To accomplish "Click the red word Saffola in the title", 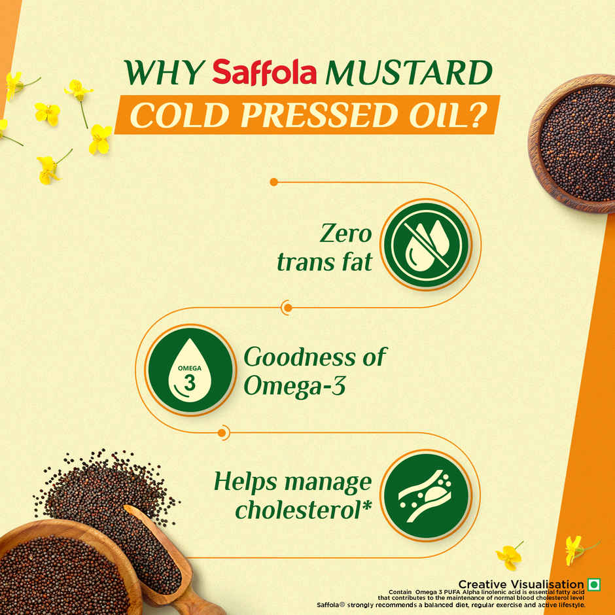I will tap(265, 72).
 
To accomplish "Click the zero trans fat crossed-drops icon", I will tap(427, 243).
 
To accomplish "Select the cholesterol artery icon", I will tap(426, 495).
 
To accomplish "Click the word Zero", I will tap(346, 234).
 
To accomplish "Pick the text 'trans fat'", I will tap(325, 262).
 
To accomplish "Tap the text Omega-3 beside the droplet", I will tap(294, 386).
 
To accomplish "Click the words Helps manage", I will tap(292, 483).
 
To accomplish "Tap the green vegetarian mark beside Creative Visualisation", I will tap(594, 584).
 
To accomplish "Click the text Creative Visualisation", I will tap(521, 584).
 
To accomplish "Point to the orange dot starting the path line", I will tap(273, 182).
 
